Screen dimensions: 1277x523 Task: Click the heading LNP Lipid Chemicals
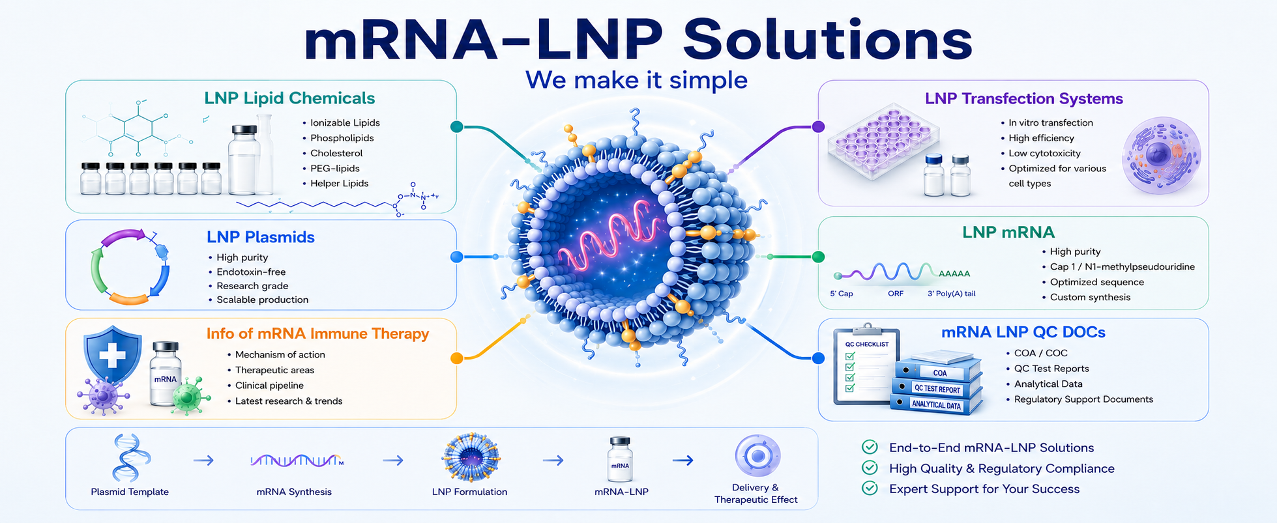tap(289, 98)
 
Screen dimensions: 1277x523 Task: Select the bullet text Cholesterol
tap(336, 153)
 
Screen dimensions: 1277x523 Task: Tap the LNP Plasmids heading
tap(261, 237)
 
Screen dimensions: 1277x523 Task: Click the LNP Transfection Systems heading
tap(1024, 98)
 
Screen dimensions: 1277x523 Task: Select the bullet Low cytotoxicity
tap(1044, 153)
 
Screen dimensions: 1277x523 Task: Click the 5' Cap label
tap(842, 294)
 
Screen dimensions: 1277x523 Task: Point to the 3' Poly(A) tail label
tap(952, 294)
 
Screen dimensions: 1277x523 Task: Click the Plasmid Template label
tap(130, 492)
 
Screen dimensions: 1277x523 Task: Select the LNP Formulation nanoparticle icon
tap(471, 457)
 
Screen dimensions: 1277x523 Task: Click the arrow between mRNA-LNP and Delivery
tap(683, 460)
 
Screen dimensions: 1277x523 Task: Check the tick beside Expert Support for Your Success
tap(870, 488)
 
